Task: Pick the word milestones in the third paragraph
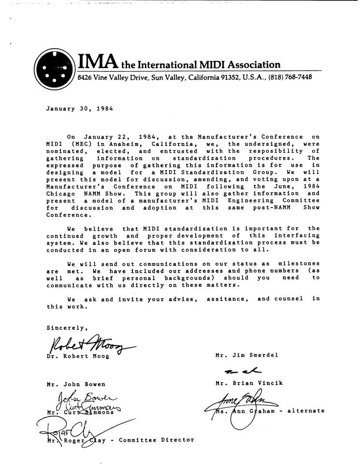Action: pos(299,263)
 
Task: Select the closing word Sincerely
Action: pos(67,328)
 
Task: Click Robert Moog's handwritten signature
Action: pos(87,345)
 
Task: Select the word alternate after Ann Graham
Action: pos(306,411)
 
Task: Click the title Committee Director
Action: pos(156,440)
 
